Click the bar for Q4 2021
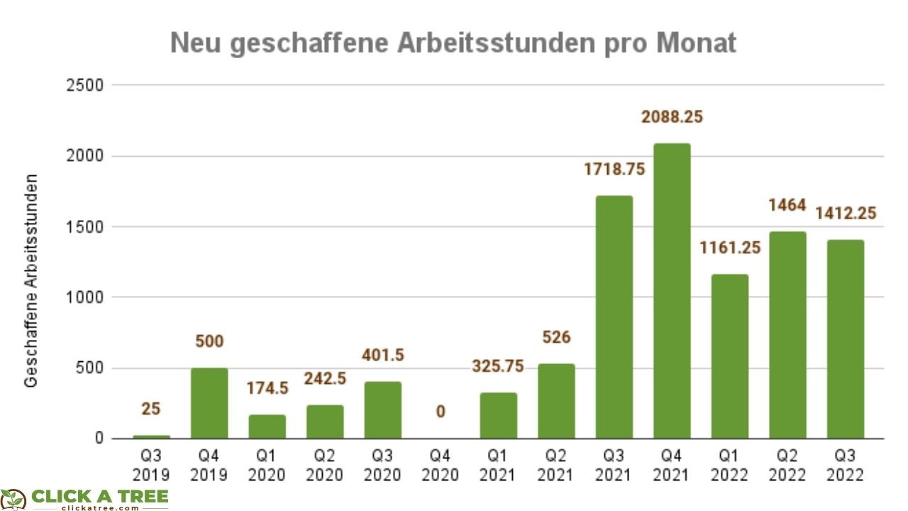coord(672,291)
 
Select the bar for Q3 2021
coord(614,317)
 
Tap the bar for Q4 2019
coord(209,403)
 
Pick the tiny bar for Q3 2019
coord(151,436)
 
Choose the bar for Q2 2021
coord(555,401)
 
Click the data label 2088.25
coord(672,117)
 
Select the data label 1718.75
coord(614,170)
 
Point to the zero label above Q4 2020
coord(441,412)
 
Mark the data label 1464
coord(787,206)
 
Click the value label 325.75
coord(498,366)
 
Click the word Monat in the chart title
coord(696,44)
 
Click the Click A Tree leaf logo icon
coord(13,499)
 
